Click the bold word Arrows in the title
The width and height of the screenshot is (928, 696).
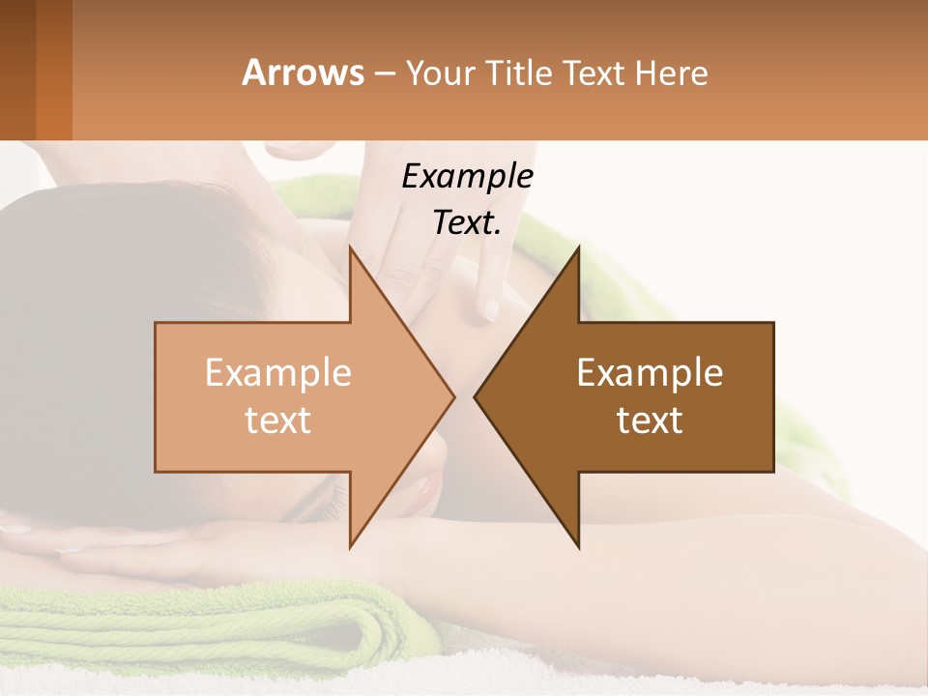pyautogui.click(x=303, y=72)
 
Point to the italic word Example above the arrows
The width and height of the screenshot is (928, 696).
pyautogui.click(x=467, y=176)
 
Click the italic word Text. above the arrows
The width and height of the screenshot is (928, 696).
pyautogui.click(x=467, y=222)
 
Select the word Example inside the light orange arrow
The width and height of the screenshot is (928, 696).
pyautogui.click(x=277, y=372)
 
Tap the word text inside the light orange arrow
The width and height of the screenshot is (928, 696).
pyautogui.click(x=277, y=420)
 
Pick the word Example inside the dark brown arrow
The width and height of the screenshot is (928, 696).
pyautogui.click(x=650, y=372)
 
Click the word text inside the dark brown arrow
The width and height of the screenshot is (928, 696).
pyautogui.click(x=650, y=420)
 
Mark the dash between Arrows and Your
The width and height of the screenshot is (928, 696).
pyautogui.click(x=384, y=74)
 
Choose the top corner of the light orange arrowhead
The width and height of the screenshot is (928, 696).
pyautogui.click(x=350, y=247)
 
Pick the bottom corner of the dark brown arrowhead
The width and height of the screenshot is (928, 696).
pyautogui.click(x=578, y=547)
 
